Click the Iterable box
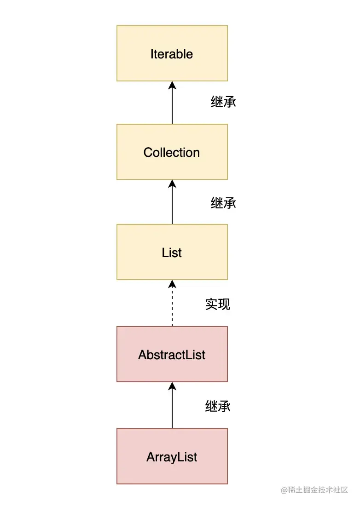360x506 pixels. click(x=172, y=53)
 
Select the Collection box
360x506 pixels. click(x=172, y=152)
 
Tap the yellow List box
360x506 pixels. click(x=172, y=252)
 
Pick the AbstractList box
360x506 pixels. click(x=172, y=354)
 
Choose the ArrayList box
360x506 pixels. click(x=172, y=456)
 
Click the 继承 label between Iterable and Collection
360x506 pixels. click(x=223, y=102)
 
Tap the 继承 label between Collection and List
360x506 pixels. click(x=223, y=202)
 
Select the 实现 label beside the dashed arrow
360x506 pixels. click(x=218, y=304)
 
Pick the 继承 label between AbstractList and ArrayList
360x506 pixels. click(x=218, y=406)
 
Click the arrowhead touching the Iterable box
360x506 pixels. click(x=172, y=85)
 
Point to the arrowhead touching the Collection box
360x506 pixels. click(x=172, y=184)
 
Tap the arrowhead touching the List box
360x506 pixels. click(x=172, y=284)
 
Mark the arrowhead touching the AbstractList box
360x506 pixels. click(x=172, y=386)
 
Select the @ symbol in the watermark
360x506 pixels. click(x=285, y=490)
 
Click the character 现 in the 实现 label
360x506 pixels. click(x=224, y=304)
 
